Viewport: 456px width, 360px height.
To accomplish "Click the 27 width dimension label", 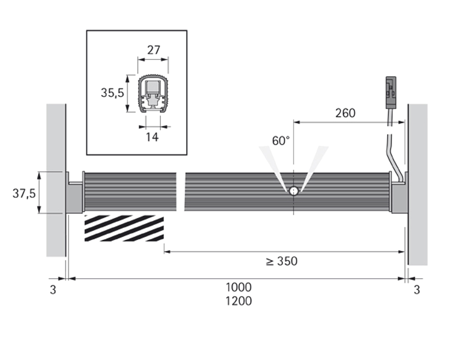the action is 154,50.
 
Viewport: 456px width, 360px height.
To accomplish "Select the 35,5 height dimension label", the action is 112,93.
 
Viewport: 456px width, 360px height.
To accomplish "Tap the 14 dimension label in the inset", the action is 152,137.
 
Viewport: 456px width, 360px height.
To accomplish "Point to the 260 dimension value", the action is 345,113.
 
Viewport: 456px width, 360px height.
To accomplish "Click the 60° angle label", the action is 281,141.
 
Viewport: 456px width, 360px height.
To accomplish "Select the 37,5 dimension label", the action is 24,193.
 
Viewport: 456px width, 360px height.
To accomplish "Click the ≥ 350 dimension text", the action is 282,261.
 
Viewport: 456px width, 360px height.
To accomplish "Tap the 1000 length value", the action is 238,287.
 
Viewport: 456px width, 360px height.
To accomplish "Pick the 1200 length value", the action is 238,301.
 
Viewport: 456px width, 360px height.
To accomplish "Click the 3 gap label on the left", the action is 53,290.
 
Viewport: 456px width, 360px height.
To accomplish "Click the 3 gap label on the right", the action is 417,290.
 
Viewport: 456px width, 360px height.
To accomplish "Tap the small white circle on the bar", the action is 294,191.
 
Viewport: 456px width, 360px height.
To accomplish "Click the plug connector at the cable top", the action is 391,92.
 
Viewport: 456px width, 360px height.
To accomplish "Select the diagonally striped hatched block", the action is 124,228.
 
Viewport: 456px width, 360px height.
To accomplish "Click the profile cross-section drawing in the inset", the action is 153,94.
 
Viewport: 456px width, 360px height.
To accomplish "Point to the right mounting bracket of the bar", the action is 400,192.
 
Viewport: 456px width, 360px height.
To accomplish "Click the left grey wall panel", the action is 56,180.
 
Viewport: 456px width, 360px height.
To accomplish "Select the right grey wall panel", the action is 418,184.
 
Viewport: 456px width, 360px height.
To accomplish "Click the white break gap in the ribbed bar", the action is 181,192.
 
